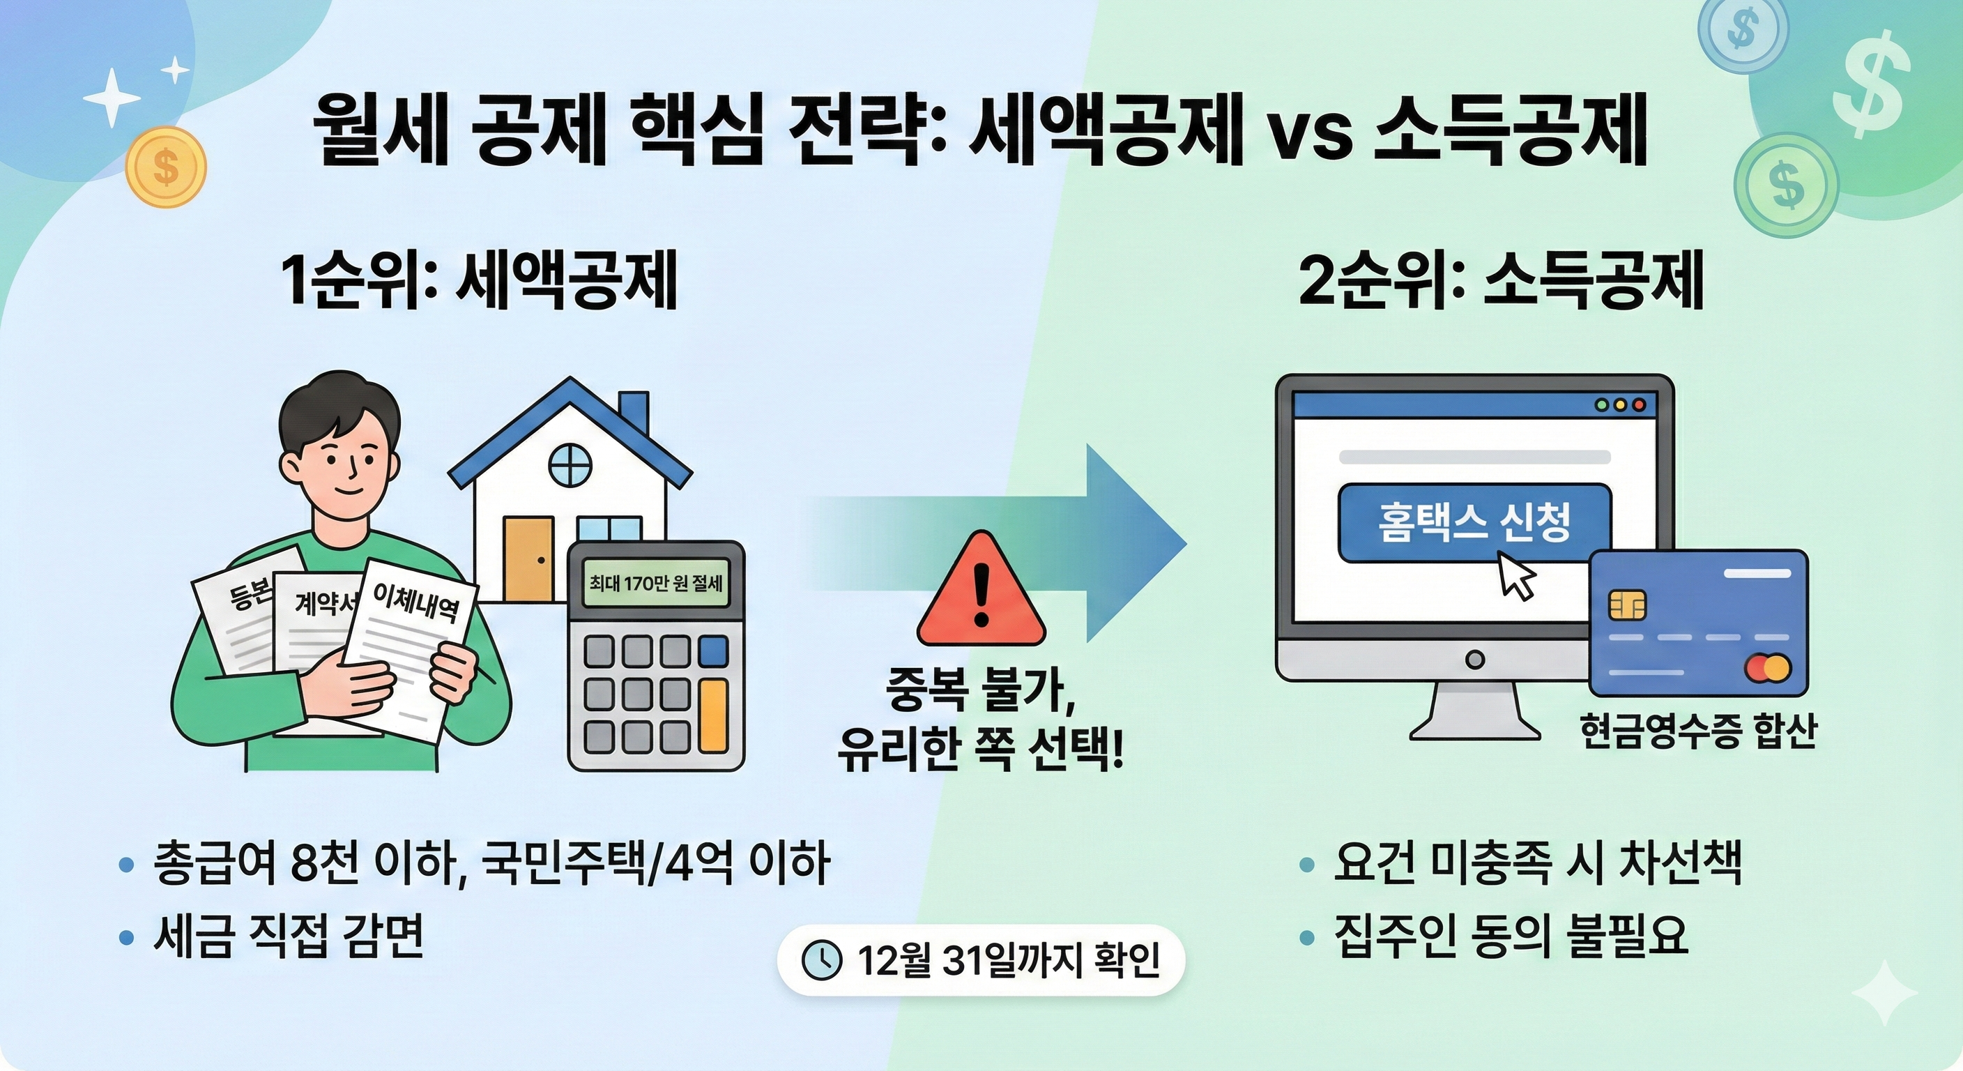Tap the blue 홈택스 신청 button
1474,522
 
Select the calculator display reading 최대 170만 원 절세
655,584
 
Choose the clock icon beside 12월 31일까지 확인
823,959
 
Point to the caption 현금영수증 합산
1698,732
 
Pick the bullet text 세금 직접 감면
288,936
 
